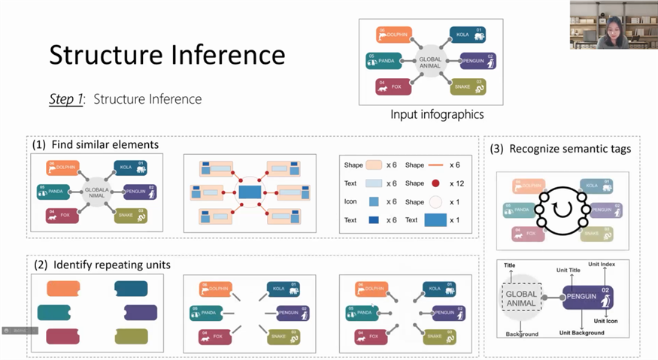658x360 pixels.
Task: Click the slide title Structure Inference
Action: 167,55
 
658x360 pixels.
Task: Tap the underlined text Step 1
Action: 66,98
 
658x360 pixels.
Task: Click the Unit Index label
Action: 602,265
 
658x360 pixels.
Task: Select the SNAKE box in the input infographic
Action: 467,86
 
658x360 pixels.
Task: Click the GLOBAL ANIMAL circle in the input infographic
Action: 432,62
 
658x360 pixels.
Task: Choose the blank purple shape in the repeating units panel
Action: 141,312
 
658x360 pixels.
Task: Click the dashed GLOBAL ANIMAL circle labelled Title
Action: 521,299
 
